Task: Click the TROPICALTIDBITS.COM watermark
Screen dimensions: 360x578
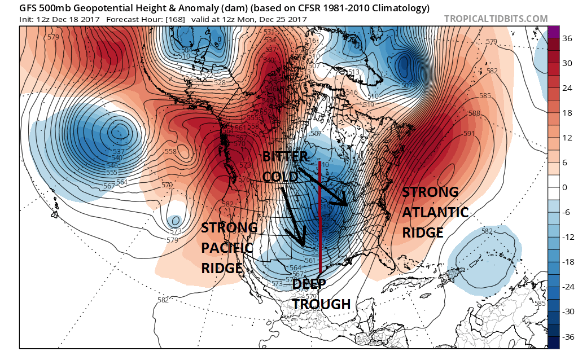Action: (496, 19)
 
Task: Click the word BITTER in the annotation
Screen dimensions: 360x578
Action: (285, 156)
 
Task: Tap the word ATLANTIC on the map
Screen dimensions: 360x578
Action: (435, 212)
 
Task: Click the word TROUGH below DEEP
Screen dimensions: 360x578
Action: (322, 304)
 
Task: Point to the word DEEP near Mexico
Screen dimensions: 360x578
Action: (309, 284)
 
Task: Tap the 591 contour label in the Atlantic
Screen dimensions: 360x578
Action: (468, 134)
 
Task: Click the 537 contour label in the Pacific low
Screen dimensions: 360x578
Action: (119, 151)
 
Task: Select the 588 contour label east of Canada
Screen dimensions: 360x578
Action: (474, 113)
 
